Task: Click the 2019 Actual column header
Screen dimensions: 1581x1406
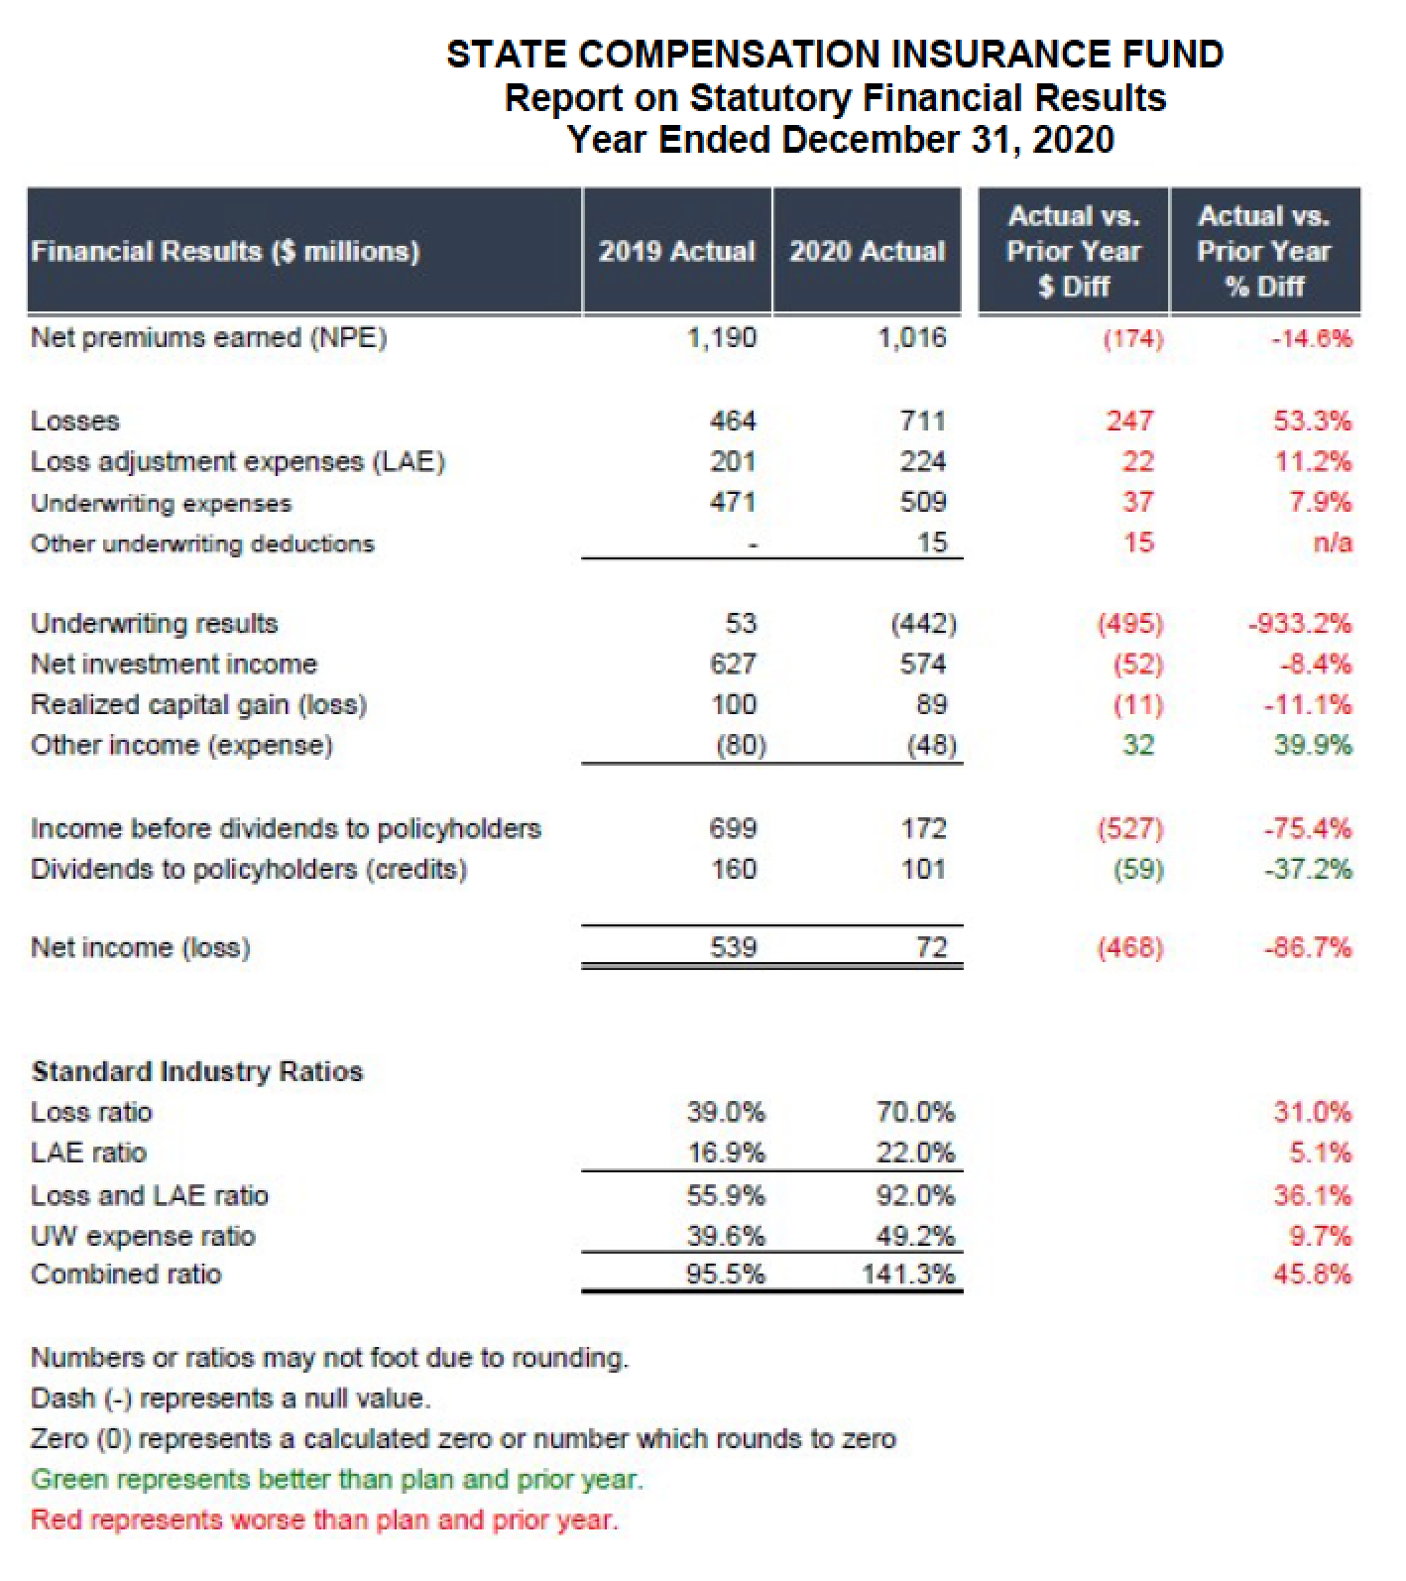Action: click(676, 251)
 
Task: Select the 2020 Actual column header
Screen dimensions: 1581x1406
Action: click(867, 251)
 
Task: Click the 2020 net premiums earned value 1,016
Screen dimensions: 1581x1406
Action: click(911, 337)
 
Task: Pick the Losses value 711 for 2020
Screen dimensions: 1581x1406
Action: click(922, 421)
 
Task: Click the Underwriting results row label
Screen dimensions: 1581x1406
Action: click(155, 623)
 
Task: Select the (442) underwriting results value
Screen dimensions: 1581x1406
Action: click(923, 623)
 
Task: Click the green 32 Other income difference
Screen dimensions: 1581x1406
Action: click(1138, 745)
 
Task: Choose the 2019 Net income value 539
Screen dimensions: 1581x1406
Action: click(733, 947)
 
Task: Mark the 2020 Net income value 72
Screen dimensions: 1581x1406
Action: click(931, 947)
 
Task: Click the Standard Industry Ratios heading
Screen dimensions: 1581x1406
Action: click(197, 1071)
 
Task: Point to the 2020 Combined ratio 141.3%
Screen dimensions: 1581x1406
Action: click(908, 1275)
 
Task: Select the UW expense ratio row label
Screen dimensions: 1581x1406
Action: click(143, 1236)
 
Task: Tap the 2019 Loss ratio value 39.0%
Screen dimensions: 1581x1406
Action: click(726, 1112)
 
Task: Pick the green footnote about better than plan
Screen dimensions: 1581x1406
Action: click(337, 1479)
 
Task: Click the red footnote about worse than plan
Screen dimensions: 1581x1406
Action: click(324, 1520)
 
